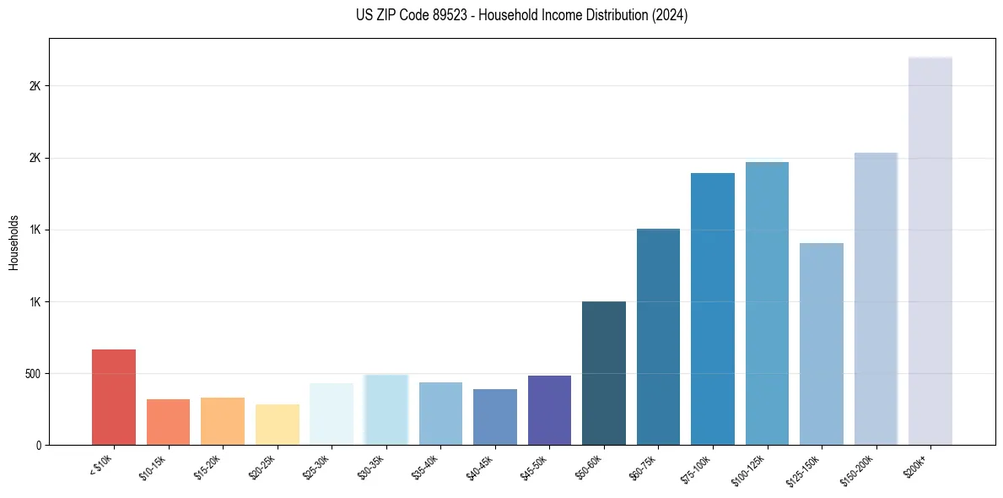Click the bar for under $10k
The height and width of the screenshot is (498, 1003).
click(114, 397)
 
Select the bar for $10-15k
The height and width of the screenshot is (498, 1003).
click(168, 422)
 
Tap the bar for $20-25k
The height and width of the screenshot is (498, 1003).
click(277, 425)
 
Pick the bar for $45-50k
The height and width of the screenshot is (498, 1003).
click(549, 410)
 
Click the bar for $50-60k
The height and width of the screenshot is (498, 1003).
click(604, 373)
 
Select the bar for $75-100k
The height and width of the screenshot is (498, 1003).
click(713, 309)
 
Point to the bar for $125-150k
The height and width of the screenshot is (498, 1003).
click(822, 344)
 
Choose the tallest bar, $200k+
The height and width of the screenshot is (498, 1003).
click(930, 251)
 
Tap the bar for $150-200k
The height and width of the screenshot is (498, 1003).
click(876, 299)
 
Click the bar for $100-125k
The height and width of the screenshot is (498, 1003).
click(767, 303)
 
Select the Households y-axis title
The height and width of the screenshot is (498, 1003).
click(13, 242)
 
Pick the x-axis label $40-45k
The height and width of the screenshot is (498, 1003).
click(478, 467)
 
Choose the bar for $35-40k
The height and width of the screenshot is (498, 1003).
click(440, 414)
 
